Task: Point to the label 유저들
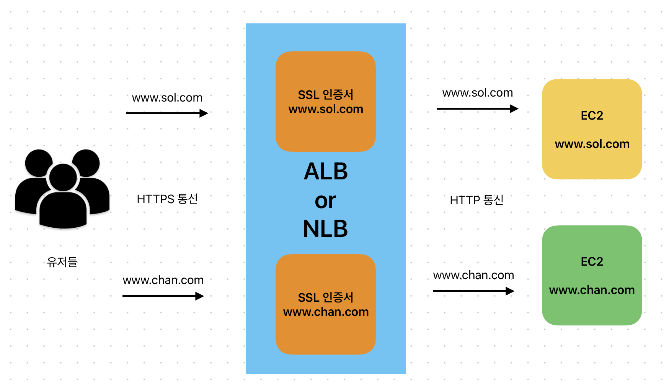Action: (x=62, y=262)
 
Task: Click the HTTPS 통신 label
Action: (x=167, y=199)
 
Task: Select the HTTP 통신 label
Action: (x=476, y=200)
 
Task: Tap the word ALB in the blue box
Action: (x=326, y=171)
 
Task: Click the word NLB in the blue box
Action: (x=325, y=229)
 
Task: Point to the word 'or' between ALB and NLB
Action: (x=325, y=201)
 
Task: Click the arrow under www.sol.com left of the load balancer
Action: (x=167, y=113)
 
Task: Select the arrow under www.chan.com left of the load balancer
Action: (x=163, y=296)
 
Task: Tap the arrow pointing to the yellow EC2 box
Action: (x=477, y=109)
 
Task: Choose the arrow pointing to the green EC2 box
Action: (x=473, y=291)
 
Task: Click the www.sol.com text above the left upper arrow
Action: (x=167, y=98)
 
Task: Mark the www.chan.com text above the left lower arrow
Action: (x=163, y=280)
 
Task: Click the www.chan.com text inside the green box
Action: (x=592, y=290)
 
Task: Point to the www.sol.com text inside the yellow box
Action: (x=592, y=144)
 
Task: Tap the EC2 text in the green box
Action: (x=592, y=261)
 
